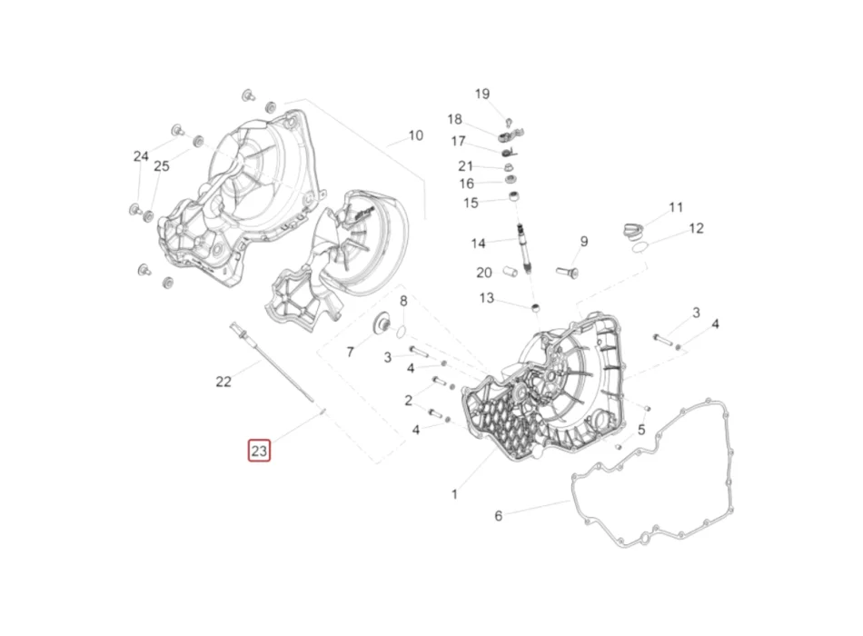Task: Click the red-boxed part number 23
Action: [259, 451]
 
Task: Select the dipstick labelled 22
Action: [272, 362]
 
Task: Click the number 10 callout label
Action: [415, 135]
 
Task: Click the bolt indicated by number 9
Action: [566, 272]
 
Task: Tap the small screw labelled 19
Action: [509, 122]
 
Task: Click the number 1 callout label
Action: [454, 494]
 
